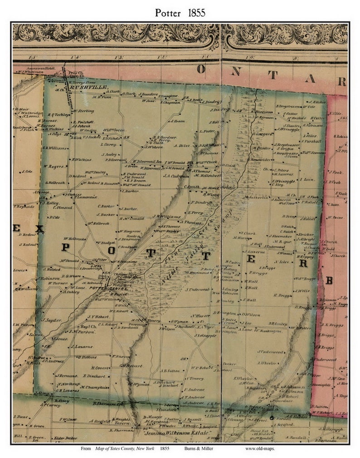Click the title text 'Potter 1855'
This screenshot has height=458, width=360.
pos(180,12)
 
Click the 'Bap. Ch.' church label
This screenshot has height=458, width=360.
pos(87,326)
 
